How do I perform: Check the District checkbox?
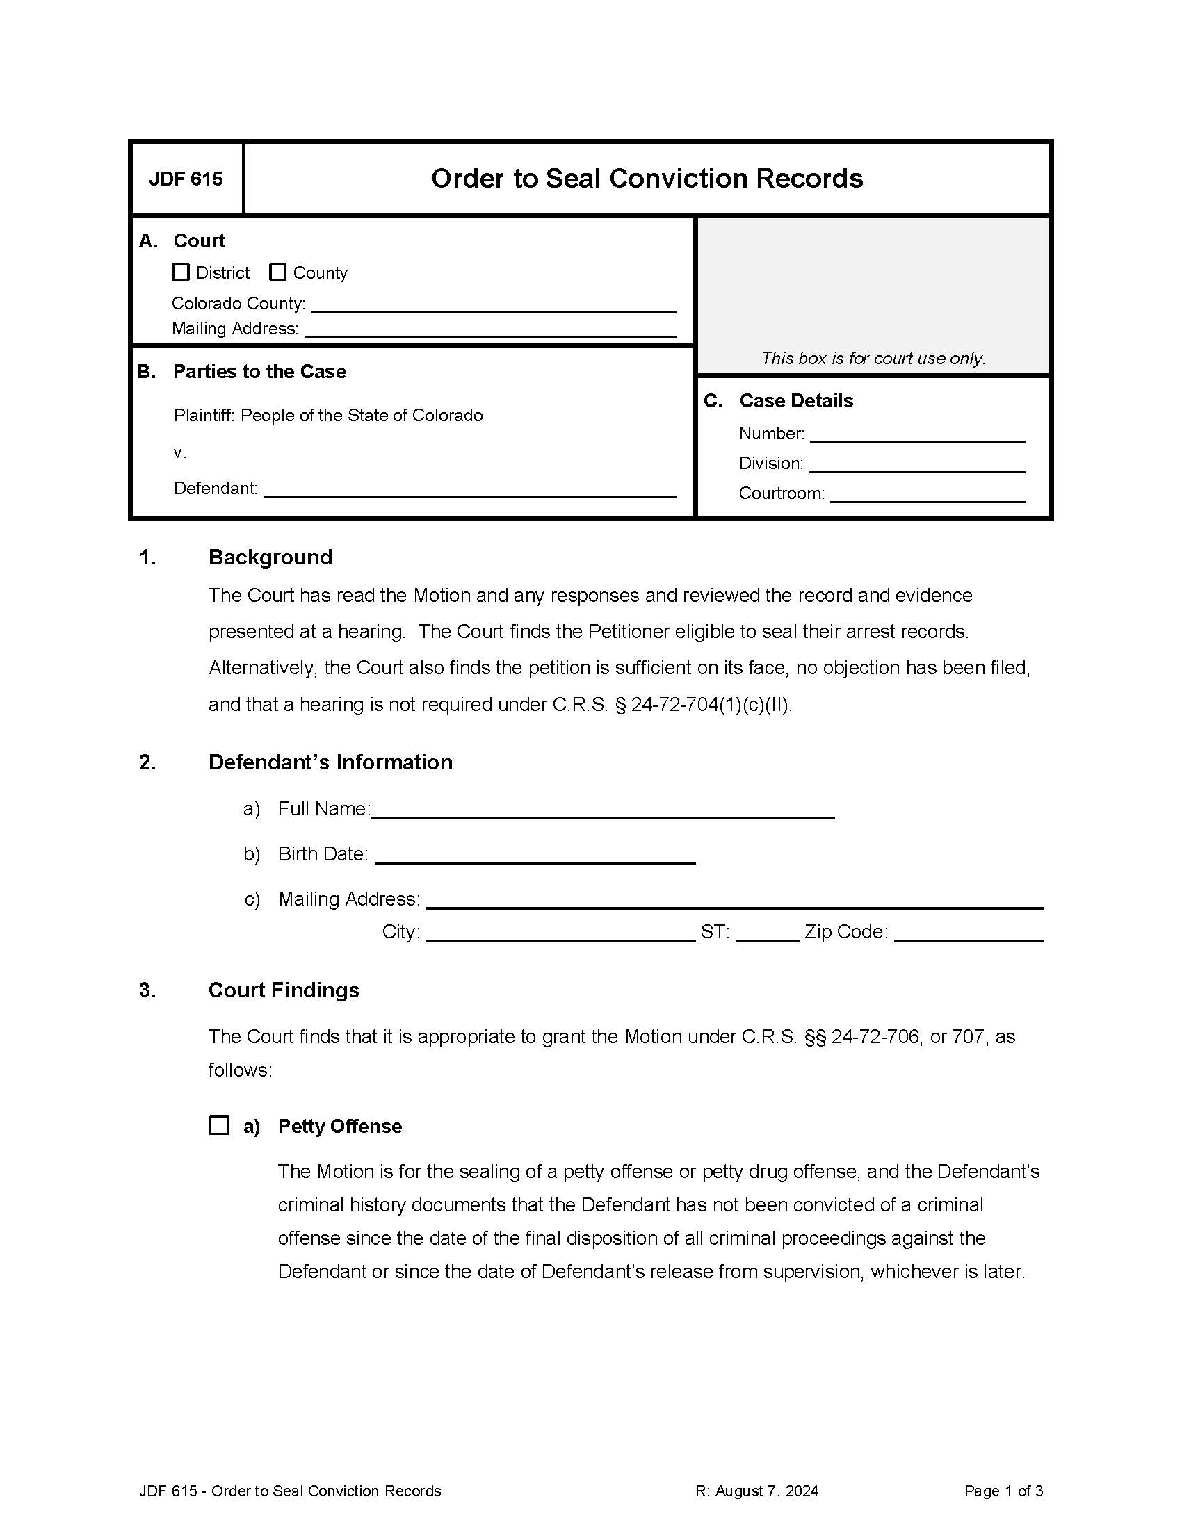pyautogui.click(x=181, y=272)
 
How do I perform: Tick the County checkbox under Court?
pyautogui.click(x=278, y=272)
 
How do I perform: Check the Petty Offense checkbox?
pyautogui.click(x=219, y=1126)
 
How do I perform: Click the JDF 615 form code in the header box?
pyautogui.click(x=186, y=179)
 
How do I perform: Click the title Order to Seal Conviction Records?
pyautogui.click(x=647, y=179)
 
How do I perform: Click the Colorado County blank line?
pyautogui.click(x=493, y=305)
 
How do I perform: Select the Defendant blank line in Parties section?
pyautogui.click(x=469, y=489)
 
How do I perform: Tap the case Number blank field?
pyautogui.click(x=916, y=435)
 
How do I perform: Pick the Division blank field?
pyautogui.click(x=916, y=465)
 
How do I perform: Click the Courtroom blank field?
pyautogui.click(x=926, y=495)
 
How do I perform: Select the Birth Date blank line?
pyautogui.click(x=535, y=856)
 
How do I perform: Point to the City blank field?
pyautogui.click(x=560, y=934)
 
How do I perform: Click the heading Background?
pyautogui.click(x=270, y=557)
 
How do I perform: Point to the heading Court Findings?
pyautogui.click(x=284, y=990)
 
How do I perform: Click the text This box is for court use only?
pyautogui.click(x=873, y=359)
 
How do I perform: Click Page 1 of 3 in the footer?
pyautogui.click(x=1003, y=1491)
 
